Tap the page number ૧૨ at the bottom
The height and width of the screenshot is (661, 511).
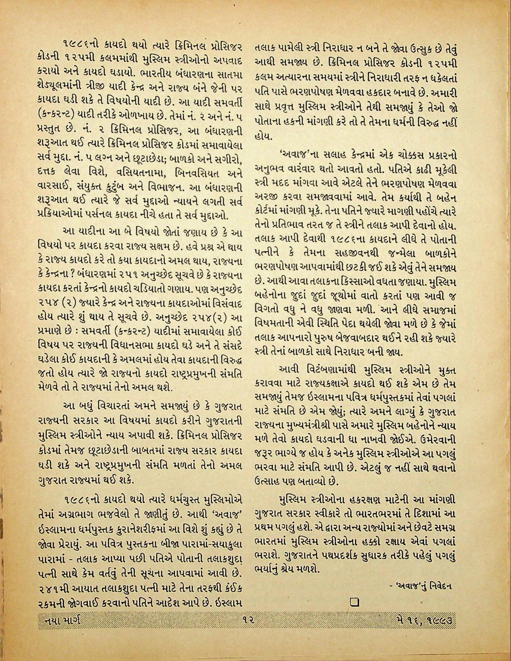pyautogui.click(x=248, y=619)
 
